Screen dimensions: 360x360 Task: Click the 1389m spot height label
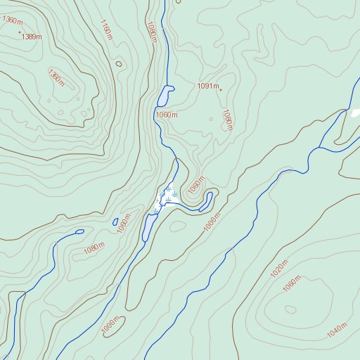point(32,36)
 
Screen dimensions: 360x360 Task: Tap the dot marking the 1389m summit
point(20,32)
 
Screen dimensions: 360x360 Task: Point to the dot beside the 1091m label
point(221,90)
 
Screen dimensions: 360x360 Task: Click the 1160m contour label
point(106,32)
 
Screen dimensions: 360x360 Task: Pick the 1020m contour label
point(279,268)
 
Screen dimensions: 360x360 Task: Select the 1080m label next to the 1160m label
point(150,32)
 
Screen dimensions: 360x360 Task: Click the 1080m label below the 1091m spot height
point(227,120)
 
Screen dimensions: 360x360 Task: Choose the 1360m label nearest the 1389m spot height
point(12,20)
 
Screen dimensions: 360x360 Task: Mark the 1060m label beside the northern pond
point(167,115)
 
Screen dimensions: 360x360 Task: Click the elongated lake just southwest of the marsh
point(149,226)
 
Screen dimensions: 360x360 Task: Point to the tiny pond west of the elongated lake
point(115,221)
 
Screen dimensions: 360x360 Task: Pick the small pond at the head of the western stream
point(79,231)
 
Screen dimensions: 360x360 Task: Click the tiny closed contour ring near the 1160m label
point(118,64)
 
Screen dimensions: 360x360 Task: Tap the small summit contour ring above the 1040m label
point(290,309)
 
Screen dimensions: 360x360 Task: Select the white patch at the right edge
point(355,112)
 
